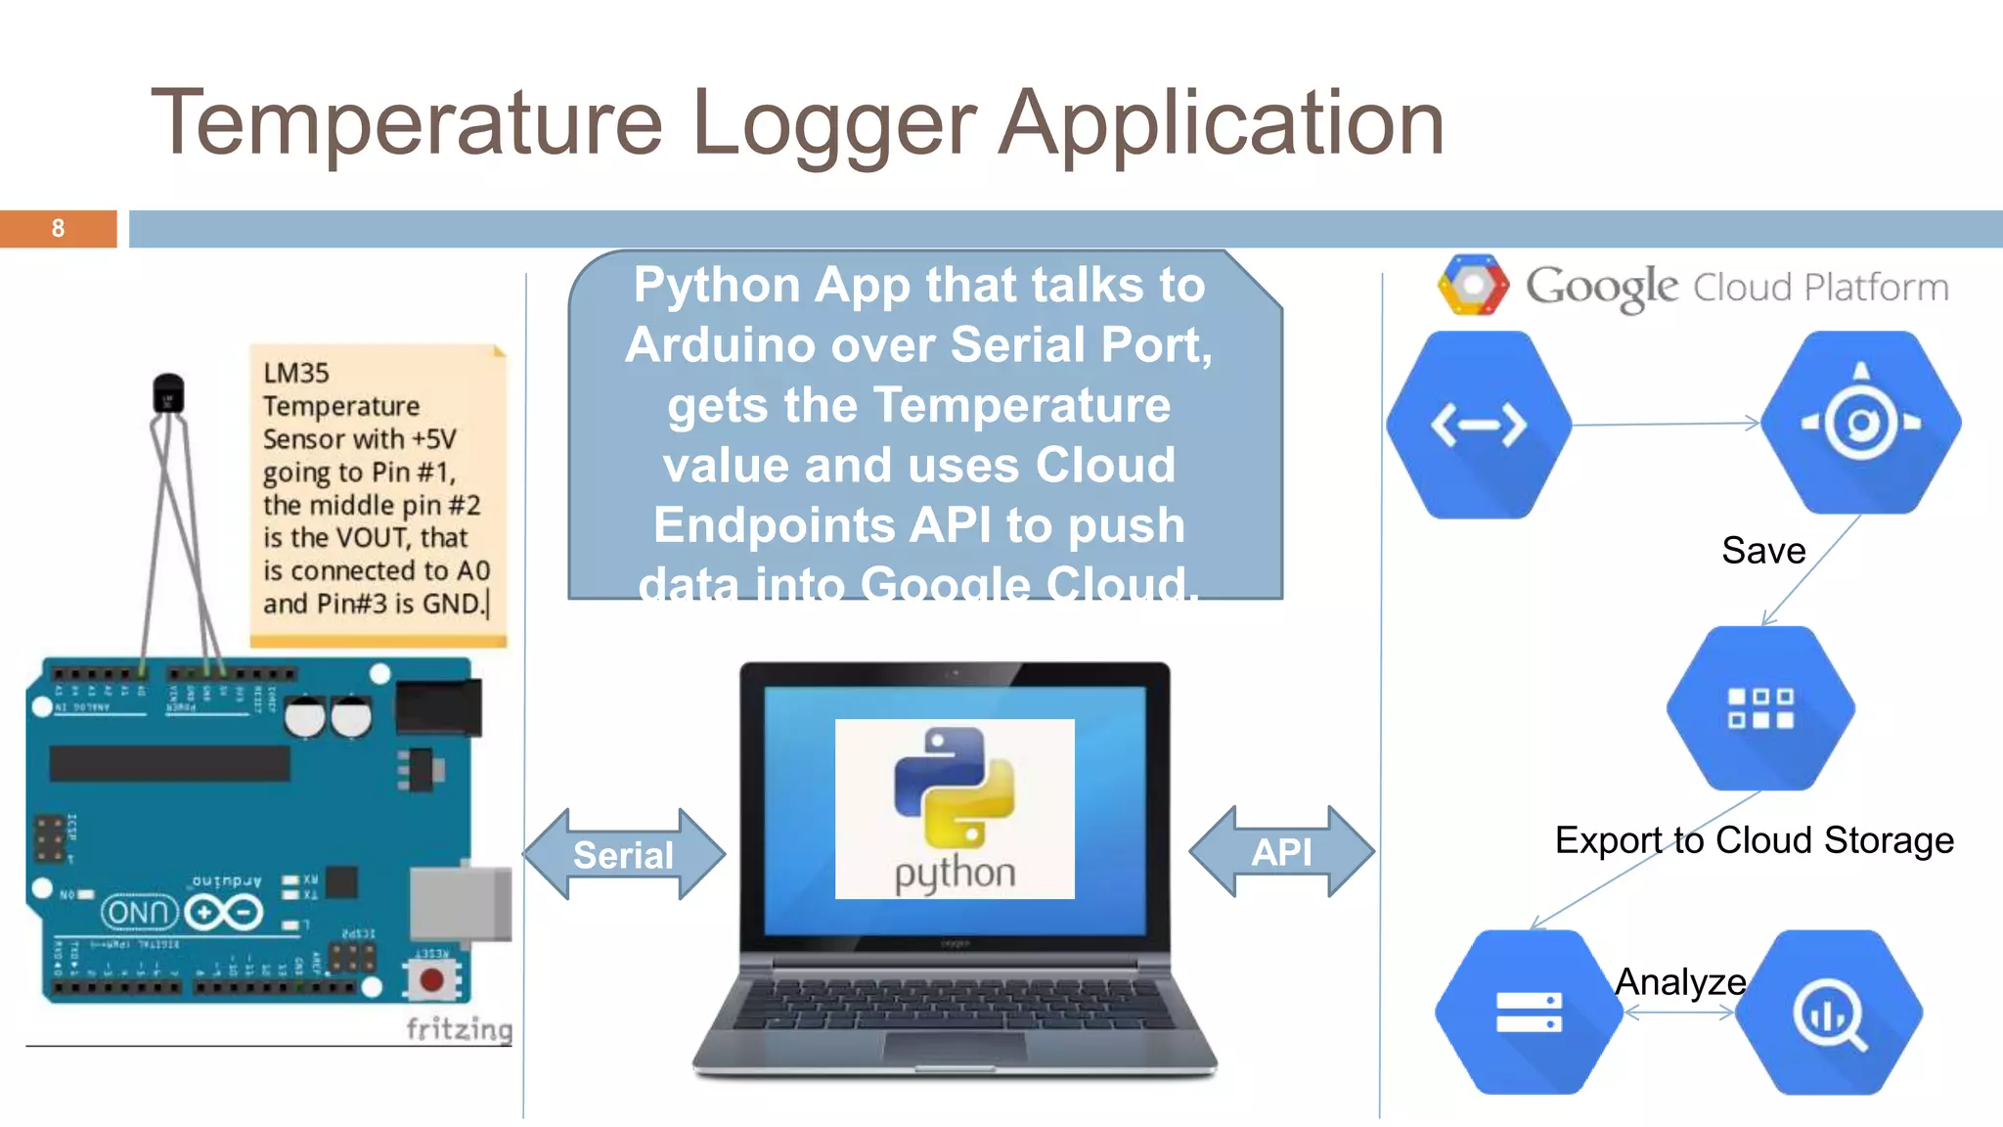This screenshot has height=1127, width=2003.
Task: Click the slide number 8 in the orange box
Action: pyautogui.click(x=58, y=229)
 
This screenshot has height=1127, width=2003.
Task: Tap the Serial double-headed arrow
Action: pyautogui.click(x=624, y=854)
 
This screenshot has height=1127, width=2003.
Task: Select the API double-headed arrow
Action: pyautogui.click(x=1281, y=852)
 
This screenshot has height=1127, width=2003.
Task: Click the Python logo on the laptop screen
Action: pyautogui.click(x=954, y=788)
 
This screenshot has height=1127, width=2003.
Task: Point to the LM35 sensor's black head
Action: pyautogui.click(x=168, y=392)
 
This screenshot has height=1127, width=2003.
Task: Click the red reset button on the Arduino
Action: pyautogui.click(x=431, y=979)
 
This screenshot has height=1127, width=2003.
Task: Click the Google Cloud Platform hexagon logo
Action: pyautogui.click(x=1473, y=285)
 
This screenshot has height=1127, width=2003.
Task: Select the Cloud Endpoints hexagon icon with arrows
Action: pyautogui.click(x=1479, y=425)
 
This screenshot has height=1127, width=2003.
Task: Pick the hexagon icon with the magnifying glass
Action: pyautogui.click(x=1828, y=1013)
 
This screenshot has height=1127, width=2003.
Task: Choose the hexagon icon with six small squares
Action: pyautogui.click(x=1760, y=708)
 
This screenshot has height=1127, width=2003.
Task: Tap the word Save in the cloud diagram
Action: pyautogui.click(x=1763, y=551)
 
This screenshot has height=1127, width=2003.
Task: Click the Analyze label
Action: pyautogui.click(x=1680, y=981)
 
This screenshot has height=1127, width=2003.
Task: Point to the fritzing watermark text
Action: pyautogui.click(x=459, y=1029)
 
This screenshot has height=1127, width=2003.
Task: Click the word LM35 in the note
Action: pyautogui.click(x=296, y=373)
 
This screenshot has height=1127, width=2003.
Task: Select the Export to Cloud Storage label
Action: pyautogui.click(x=1754, y=840)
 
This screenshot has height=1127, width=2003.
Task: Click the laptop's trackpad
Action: pyautogui.click(x=954, y=1047)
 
